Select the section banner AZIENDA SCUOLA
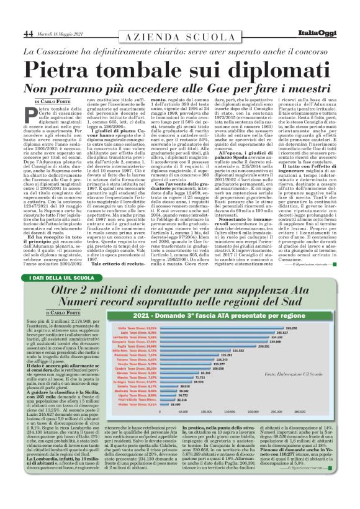click(x=180, y=37)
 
